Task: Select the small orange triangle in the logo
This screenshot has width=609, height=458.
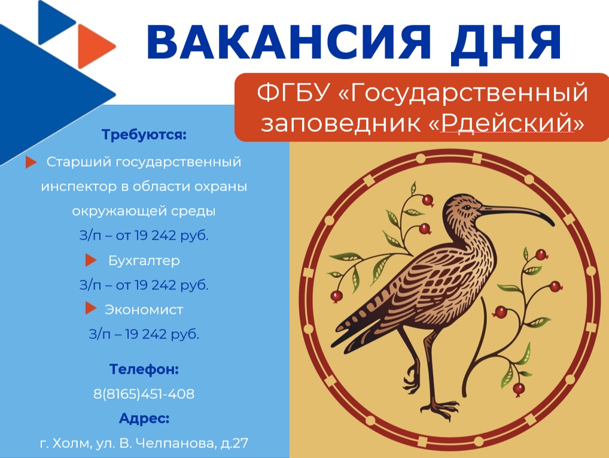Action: [x=96, y=46]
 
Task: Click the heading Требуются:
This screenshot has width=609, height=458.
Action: [x=144, y=135]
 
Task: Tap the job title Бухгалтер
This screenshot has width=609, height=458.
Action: [x=144, y=260]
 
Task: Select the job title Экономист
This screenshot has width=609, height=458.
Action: [x=144, y=310]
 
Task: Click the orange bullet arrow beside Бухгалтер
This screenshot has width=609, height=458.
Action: [x=91, y=260]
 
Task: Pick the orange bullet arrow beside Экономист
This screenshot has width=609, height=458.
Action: [x=91, y=309]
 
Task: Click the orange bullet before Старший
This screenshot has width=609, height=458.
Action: [x=31, y=162]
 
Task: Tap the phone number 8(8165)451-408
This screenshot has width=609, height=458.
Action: [x=144, y=394]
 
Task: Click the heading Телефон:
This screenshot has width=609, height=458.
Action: [x=144, y=369]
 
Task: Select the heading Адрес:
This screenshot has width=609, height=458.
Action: [x=144, y=418]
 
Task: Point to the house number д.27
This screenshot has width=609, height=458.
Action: [x=234, y=443]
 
